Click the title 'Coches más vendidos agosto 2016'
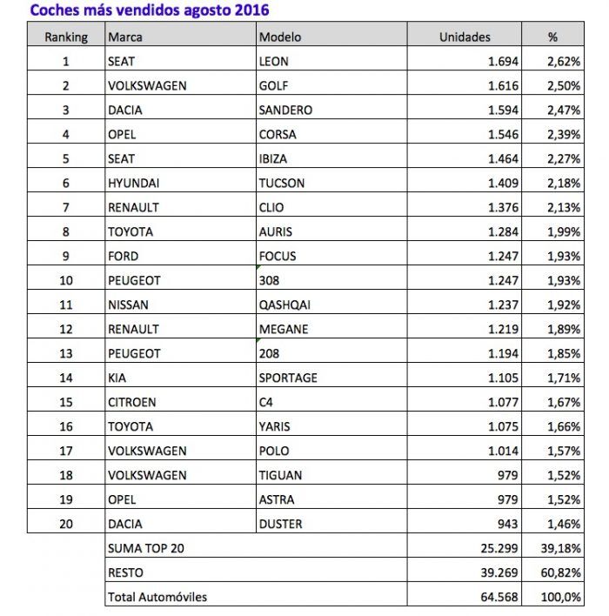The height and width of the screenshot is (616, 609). pyautogui.click(x=149, y=10)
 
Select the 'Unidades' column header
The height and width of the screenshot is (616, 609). pyautogui.click(x=465, y=37)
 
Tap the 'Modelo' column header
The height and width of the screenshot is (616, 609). pyautogui.click(x=280, y=37)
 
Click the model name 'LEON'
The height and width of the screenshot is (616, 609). pyautogui.click(x=275, y=62)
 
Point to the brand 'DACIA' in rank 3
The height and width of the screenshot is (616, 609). pyautogui.click(x=125, y=110)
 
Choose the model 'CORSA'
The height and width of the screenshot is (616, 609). pyautogui.click(x=278, y=135)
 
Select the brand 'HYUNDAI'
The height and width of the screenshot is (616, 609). pyautogui.click(x=133, y=184)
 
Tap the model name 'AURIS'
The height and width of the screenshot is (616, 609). pyautogui.click(x=277, y=232)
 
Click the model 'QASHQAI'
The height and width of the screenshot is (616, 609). pyautogui.click(x=284, y=305)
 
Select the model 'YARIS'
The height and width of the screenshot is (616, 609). pyautogui.click(x=276, y=426)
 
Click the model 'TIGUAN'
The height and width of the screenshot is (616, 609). pyautogui.click(x=279, y=475)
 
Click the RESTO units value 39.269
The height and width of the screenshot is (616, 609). pyautogui.click(x=497, y=572)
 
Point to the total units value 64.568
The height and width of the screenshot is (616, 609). pyautogui.click(x=497, y=597)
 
